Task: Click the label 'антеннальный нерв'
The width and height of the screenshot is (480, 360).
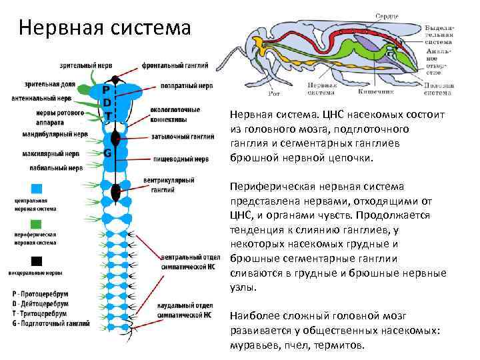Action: [x=41, y=98]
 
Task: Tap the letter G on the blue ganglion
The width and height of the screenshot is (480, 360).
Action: [x=107, y=153]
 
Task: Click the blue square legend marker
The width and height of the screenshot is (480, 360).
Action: [x=37, y=189]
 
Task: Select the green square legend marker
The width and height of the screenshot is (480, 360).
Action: [x=37, y=223]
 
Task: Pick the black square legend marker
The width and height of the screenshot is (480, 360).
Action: [x=37, y=261]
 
